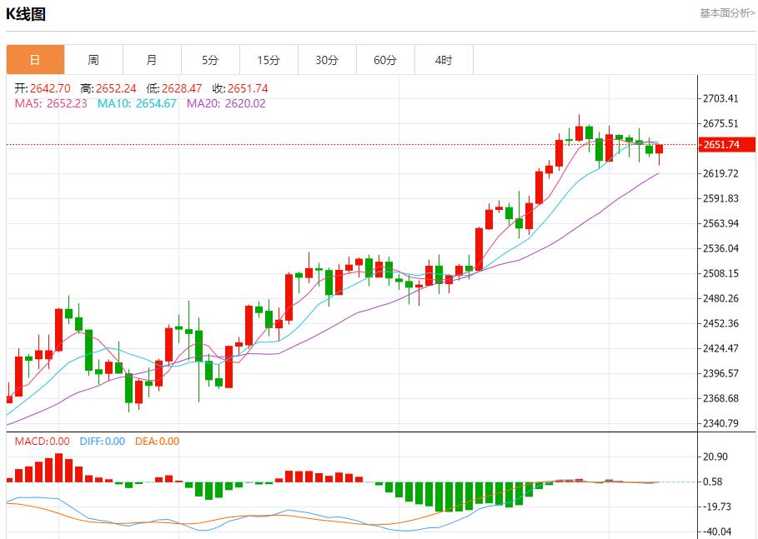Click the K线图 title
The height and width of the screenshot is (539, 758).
click(x=26, y=14)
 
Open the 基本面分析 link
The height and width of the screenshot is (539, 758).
click(x=727, y=13)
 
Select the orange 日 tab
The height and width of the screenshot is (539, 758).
click(x=35, y=60)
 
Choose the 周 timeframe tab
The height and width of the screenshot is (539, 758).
click(x=93, y=60)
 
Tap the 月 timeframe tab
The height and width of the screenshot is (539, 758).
click(x=152, y=60)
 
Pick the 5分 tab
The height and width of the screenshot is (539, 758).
click(x=210, y=60)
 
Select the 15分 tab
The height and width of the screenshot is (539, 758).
click(x=269, y=60)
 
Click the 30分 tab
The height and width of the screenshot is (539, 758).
click(x=327, y=60)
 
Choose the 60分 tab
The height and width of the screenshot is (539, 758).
click(x=385, y=60)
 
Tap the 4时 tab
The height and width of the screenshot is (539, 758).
click(x=444, y=60)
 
